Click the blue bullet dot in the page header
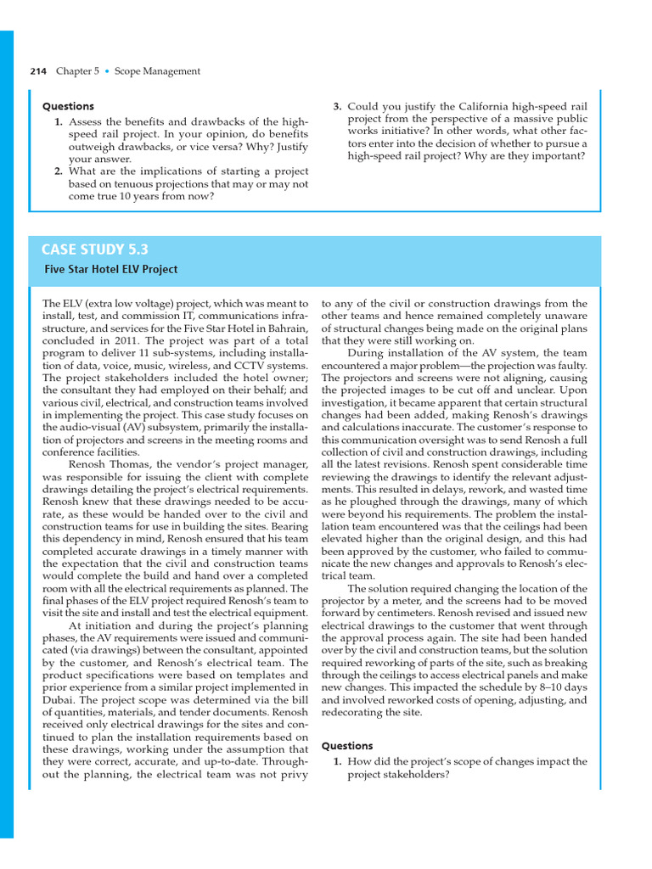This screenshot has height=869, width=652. (107, 71)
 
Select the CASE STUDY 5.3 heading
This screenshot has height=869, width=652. (95, 249)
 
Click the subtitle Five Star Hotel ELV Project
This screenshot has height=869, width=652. (110, 270)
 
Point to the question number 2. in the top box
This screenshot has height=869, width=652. (59, 171)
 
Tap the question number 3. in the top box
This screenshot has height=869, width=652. (337, 106)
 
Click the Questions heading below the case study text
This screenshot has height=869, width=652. (346, 746)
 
